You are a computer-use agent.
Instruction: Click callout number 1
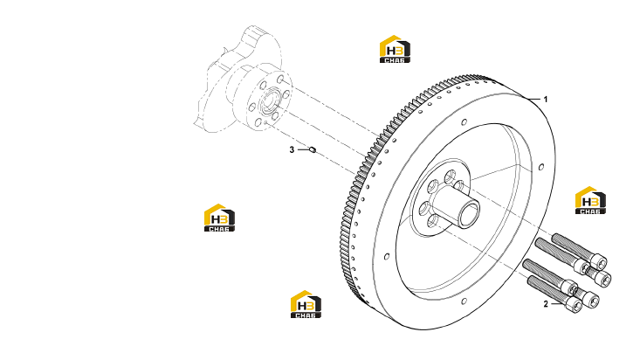click(546, 100)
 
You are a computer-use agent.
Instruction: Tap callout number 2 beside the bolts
click(546, 304)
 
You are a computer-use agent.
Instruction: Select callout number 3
click(292, 150)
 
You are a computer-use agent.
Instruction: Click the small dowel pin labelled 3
click(313, 150)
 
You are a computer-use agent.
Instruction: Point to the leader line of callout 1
click(533, 100)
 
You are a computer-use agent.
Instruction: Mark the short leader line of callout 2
click(557, 304)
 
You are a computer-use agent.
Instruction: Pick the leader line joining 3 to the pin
click(304, 150)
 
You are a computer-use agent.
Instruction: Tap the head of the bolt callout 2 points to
click(575, 305)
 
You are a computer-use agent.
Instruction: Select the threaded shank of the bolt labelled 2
click(547, 289)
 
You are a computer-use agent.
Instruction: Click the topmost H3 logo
click(395, 49)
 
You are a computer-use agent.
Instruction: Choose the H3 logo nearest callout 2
click(590, 200)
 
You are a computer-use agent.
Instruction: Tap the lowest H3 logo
click(306, 304)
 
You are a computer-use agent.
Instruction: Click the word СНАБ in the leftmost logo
click(219, 229)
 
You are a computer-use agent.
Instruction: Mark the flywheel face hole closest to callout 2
click(465, 301)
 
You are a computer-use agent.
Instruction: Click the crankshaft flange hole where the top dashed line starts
click(280, 79)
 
